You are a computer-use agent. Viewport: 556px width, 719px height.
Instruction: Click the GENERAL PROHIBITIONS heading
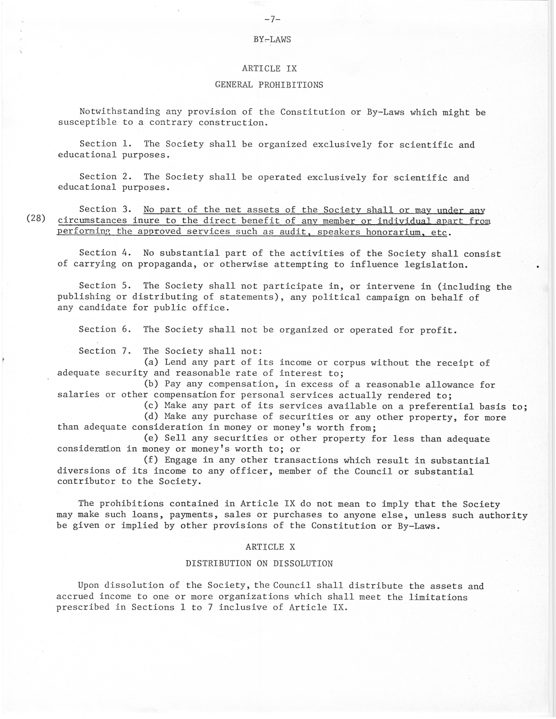[x=269, y=85]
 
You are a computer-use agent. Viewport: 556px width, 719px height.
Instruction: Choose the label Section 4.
[x=105, y=253]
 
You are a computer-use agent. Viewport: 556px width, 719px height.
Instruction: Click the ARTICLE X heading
[x=270, y=547]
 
